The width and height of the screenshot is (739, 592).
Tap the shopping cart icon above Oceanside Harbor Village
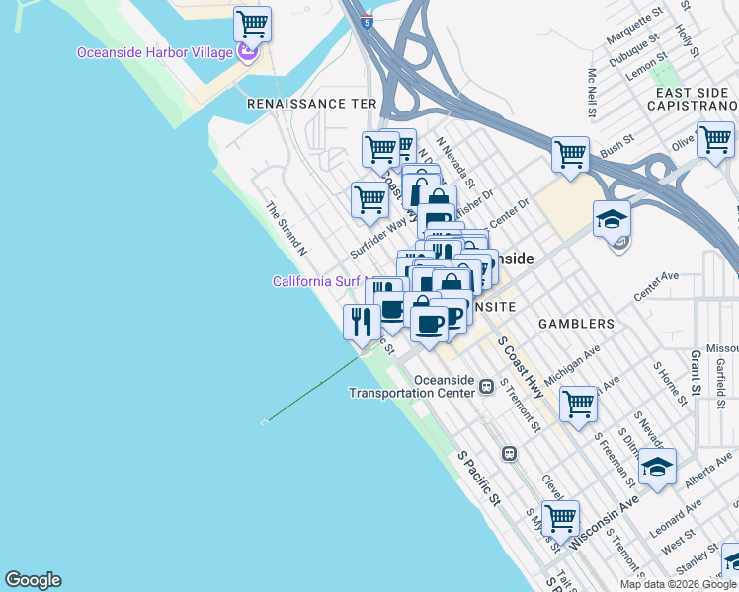click(x=252, y=23)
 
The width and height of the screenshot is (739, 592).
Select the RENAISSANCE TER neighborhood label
click(x=311, y=103)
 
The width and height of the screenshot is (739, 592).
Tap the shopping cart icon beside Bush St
click(x=570, y=154)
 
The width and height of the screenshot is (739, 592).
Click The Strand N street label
click(x=286, y=229)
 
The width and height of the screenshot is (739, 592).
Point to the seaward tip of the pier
click(x=264, y=422)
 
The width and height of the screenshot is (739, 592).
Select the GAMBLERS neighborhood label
click(x=575, y=324)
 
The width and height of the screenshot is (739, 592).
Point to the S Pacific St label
click(x=479, y=479)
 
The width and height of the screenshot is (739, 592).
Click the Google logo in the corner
click(x=33, y=580)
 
